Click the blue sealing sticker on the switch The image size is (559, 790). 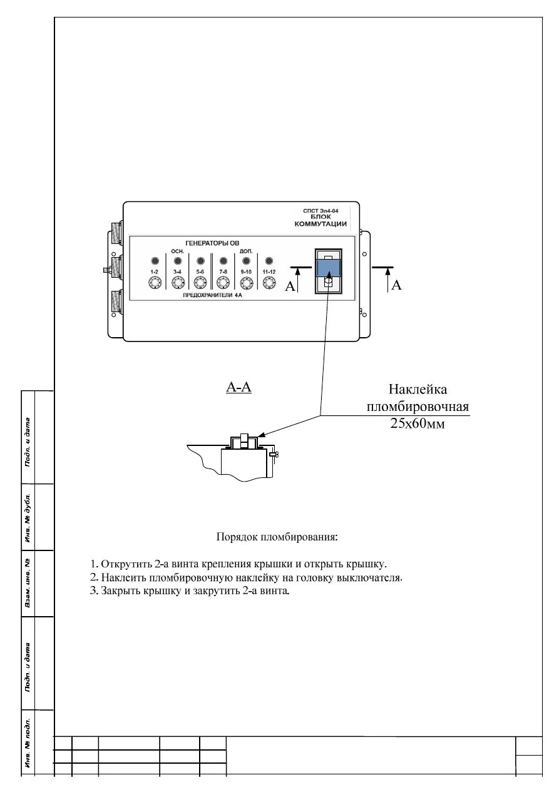(328, 268)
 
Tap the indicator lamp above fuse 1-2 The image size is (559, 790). (154, 261)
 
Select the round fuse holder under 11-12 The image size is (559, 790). (269, 284)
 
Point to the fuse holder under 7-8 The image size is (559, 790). (223, 284)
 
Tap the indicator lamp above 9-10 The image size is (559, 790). (246, 261)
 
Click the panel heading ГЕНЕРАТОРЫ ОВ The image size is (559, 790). (212, 243)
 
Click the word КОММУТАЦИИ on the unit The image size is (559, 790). (320, 224)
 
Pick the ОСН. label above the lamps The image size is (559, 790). (177, 251)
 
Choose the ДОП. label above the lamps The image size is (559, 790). (246, 251)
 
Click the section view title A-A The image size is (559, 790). (238, 388)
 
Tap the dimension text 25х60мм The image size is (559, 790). (418, 423)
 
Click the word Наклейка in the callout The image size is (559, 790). (418, 390)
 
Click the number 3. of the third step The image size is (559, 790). (95, 591)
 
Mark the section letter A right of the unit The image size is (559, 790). (396, 286)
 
